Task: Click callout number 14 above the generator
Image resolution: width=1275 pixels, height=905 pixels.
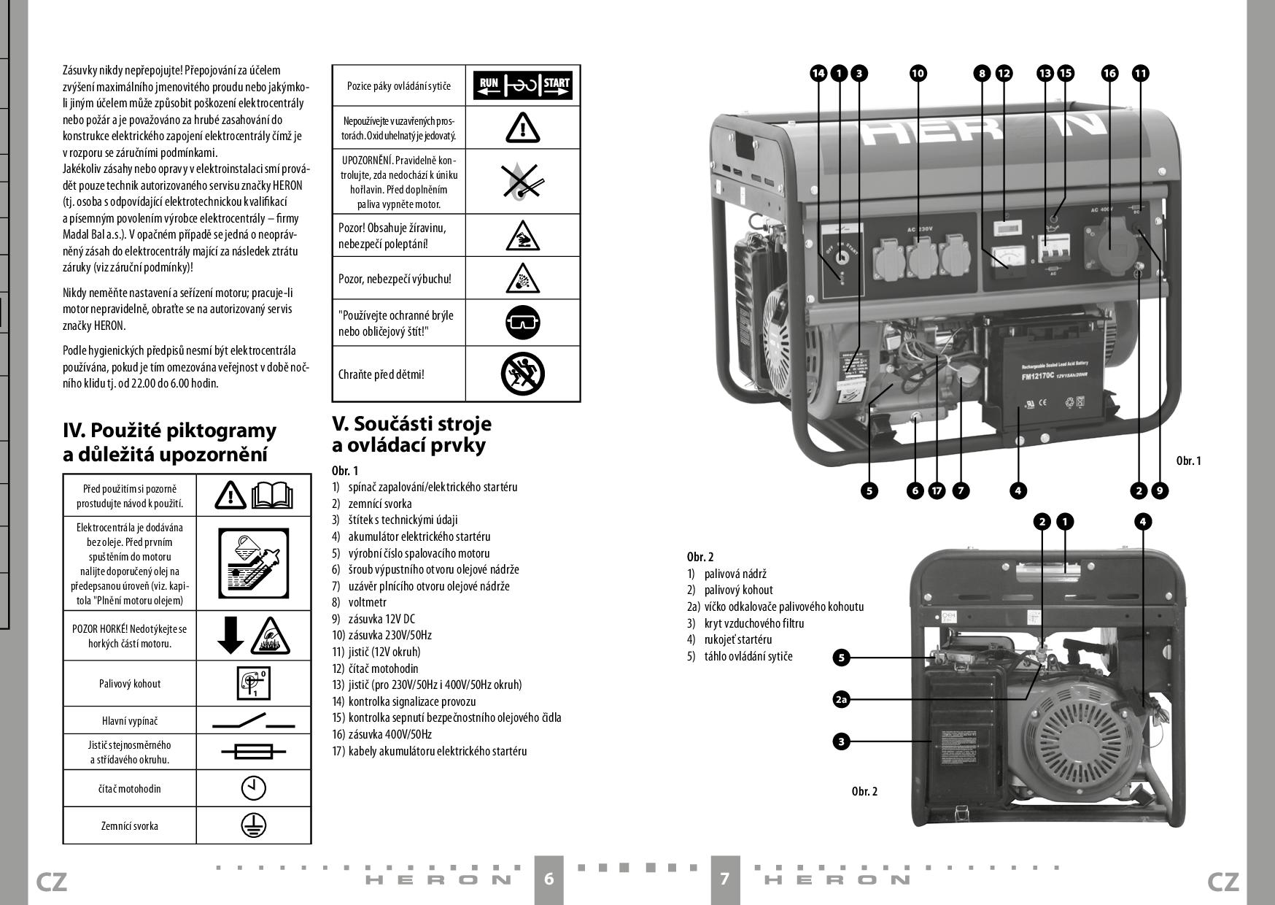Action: [818, 73]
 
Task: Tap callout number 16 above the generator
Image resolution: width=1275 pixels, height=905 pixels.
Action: [1109, 73]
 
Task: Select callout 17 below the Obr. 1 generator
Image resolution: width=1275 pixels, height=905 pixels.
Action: [937, 490]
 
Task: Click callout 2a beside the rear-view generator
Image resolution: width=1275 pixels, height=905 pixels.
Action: [841, 700]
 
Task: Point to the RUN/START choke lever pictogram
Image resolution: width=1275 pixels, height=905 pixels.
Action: [522, 85]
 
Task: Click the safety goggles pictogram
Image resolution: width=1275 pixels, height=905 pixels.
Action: [522, 322]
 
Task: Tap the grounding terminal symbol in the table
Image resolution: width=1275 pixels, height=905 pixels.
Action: [253, 825]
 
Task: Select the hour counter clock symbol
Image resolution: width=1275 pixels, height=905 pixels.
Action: [253, 788]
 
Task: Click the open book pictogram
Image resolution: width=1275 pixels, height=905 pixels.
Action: [271, 495]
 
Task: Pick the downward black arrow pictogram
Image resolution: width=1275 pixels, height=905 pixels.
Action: [230, 635]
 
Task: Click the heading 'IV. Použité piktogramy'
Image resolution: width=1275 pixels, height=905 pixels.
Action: [169, 431]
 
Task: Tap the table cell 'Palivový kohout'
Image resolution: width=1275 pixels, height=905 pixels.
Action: [130, 684]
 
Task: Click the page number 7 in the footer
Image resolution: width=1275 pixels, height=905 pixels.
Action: [724, 878]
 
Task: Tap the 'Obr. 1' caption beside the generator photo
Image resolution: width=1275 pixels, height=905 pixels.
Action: [1188, 461]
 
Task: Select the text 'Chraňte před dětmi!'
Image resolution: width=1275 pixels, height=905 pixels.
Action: [381, 374]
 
